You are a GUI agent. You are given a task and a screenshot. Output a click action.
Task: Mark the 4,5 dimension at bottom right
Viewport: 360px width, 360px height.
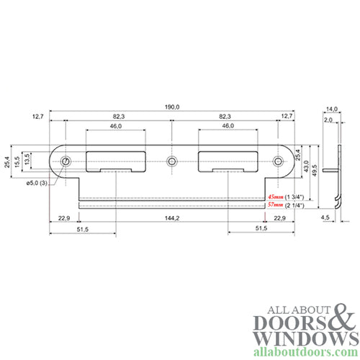pyautogui.click(x=325, y=217)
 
